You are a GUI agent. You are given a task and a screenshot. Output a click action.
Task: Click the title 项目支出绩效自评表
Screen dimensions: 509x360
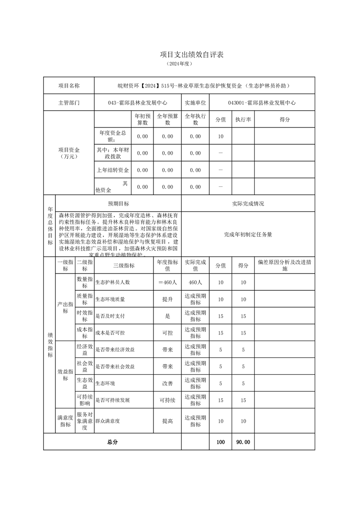(180, 54)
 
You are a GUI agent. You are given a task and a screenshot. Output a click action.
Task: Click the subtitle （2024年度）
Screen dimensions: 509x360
(180, 64)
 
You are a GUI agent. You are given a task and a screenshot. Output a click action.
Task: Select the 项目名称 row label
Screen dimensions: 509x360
(69, 85)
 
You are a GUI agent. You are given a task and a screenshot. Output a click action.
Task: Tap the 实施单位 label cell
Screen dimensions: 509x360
(195, 103)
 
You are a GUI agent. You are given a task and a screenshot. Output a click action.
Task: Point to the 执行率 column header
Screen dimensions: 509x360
(243, 119)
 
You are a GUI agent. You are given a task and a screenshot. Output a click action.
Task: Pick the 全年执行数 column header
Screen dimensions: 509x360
(195, 119)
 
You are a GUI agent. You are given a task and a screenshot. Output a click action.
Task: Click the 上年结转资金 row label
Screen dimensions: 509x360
(113, 170)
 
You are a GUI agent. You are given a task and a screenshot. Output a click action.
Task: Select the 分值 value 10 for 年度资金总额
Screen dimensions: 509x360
(221, 136)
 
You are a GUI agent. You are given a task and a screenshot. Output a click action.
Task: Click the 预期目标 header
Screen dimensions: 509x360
(118, 204)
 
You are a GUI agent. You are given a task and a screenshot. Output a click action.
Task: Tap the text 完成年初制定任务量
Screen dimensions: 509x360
(248, 235)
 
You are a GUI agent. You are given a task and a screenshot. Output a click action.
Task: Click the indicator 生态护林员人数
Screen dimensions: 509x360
(113, 282)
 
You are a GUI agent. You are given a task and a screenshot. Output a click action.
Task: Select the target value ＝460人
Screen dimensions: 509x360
(168, 282)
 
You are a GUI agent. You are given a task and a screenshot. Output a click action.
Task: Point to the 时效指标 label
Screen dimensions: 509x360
(84, 316)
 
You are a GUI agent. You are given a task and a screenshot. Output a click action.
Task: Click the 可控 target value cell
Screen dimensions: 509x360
(168, 333)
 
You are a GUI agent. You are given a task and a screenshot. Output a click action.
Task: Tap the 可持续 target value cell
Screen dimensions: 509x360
(168, 400)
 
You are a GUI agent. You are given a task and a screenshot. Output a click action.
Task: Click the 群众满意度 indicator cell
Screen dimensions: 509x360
(108, 421)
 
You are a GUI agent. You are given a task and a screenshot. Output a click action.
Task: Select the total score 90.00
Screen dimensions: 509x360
(243, 442)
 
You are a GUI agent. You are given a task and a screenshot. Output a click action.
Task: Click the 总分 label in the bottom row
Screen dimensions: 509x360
(112, 442)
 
